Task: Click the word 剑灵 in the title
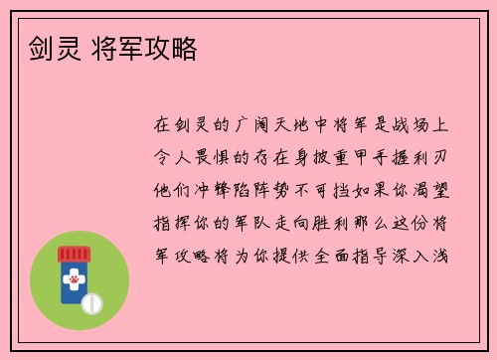pos(44,48)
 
